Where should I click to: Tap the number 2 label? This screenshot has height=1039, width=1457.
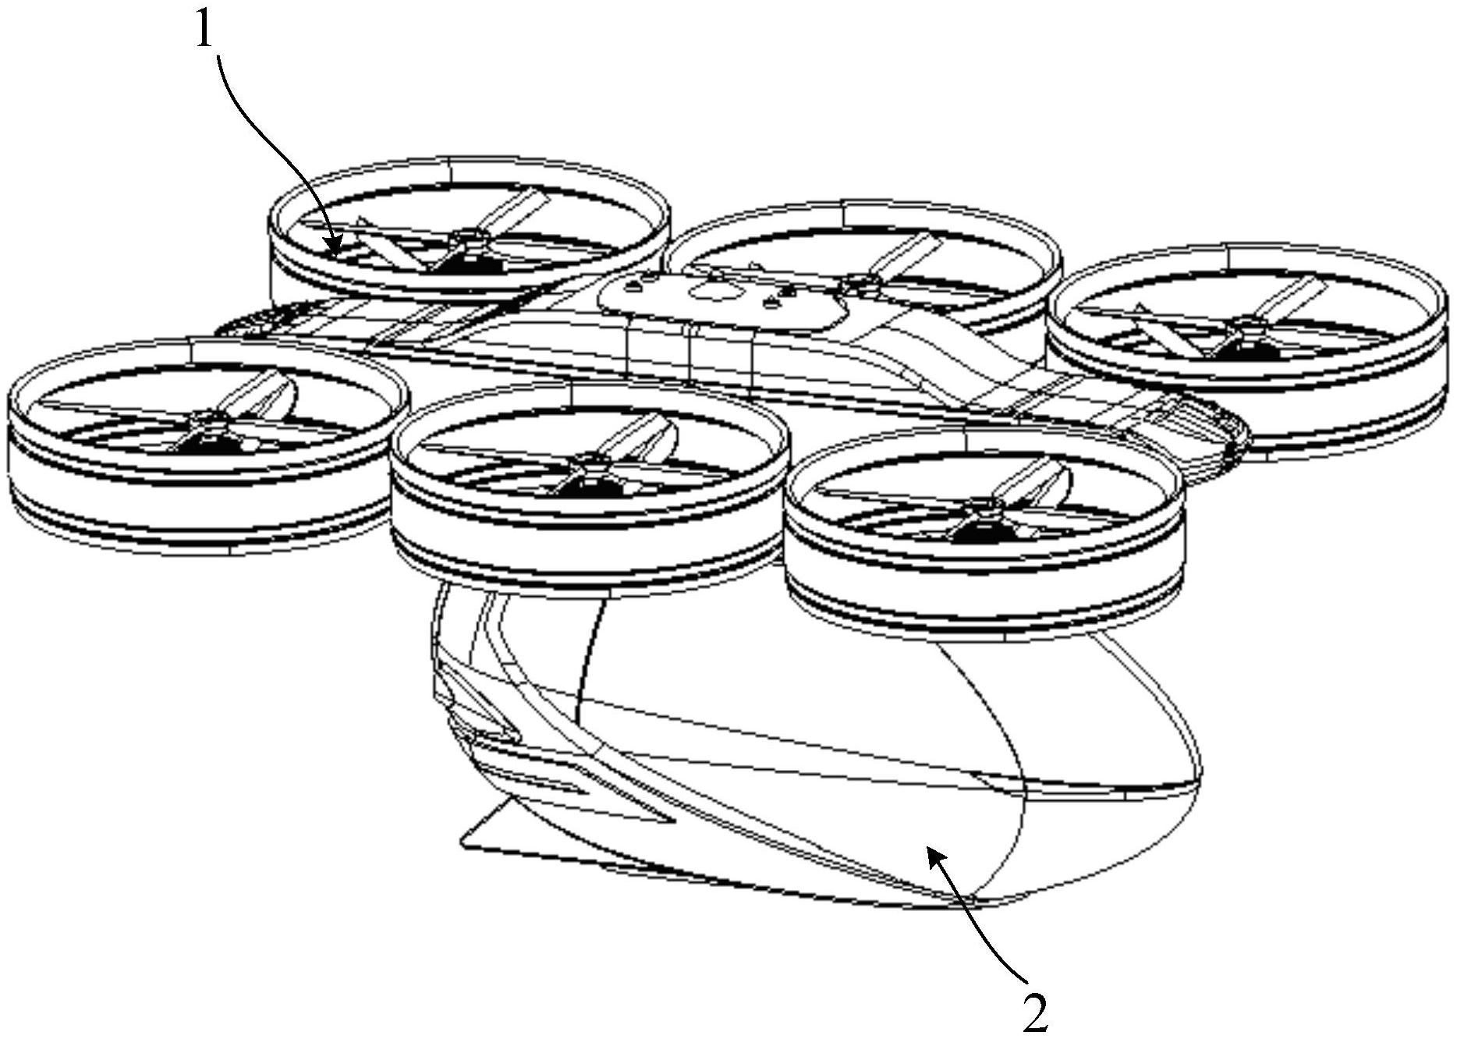point(1035,1014)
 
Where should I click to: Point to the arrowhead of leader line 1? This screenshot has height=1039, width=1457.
point(335,248)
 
